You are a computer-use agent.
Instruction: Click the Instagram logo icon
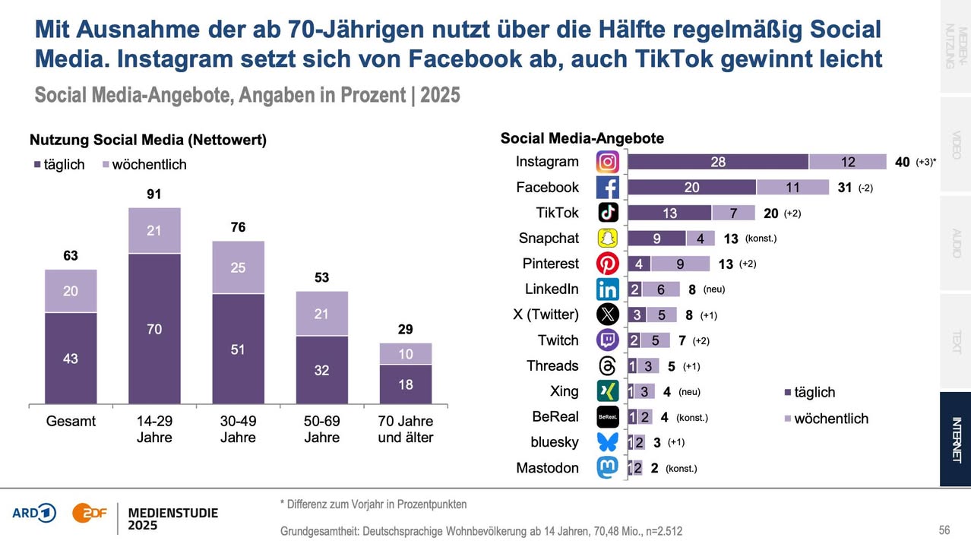[x=608, y=162]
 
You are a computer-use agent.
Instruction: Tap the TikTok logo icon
[x=608, y=213]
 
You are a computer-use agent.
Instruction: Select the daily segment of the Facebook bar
[x=691, y=188]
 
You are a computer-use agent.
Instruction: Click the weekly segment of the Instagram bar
[x=848, y=162]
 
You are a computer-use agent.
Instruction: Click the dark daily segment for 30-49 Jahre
[x=239, y=349]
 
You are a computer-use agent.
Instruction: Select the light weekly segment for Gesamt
[x=71, y=291]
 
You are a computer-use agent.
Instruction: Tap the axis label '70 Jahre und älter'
[x=406, y=429]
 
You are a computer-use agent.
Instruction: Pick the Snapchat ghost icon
[x=608, y=239]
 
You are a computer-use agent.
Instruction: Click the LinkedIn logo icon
[x=608, y=289]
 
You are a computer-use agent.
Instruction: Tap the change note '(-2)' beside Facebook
[x=865, y=188]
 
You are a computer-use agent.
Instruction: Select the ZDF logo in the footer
[x=88, y=513]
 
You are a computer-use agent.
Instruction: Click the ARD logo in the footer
[x=34, y=513]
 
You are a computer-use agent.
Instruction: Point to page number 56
[x=944, y=530]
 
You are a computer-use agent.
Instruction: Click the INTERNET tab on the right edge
[x=955, y=439]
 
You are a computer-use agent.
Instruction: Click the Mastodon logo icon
[x=608, y=468]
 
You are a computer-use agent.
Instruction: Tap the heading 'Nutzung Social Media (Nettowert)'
[x=148, y=141]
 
